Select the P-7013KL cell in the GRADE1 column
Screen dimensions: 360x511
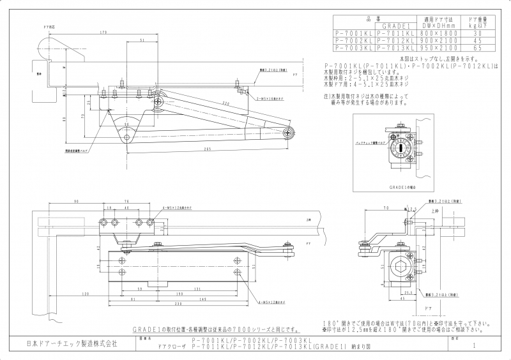pos(396,47)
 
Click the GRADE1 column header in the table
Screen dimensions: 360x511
pos(396,26)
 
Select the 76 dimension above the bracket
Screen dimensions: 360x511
pos(127,200)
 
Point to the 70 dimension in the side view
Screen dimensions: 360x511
pos(386,208)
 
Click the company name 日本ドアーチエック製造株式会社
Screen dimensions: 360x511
pos(71,344)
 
